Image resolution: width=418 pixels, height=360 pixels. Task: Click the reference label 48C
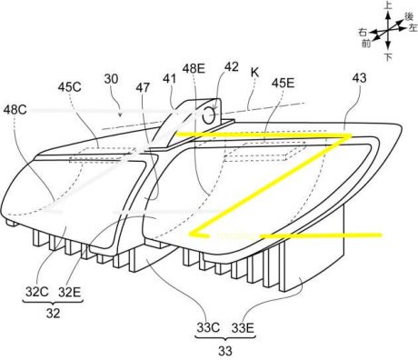[15, 110]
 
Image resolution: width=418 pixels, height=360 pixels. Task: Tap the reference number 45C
[70, 87]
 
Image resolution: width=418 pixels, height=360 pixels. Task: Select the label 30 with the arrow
[111, 79]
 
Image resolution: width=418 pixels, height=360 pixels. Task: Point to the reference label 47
[143, 87]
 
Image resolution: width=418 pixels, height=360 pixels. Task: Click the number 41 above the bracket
[169, 79]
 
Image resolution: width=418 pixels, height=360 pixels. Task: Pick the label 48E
[194, 69]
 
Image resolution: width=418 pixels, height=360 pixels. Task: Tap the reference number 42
[232, 67]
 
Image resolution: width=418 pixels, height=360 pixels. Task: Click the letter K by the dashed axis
[254, 72]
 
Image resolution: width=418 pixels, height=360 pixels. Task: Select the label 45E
[283, 83]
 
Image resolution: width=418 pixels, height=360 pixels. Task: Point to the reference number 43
[360, 78]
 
